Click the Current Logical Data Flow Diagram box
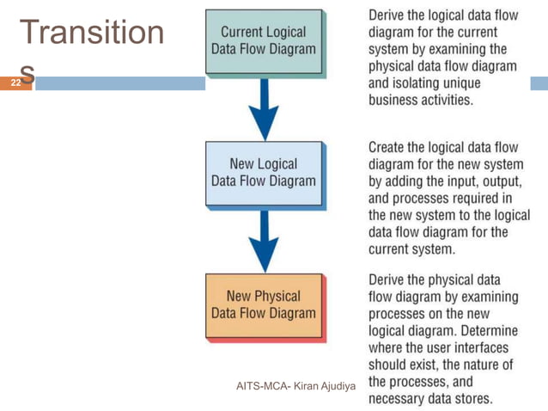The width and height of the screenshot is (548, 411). point(263,40)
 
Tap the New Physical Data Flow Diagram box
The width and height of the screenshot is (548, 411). point(263,304)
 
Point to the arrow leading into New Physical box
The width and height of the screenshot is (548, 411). point(264,239)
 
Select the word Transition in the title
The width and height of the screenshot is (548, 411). point(92,33)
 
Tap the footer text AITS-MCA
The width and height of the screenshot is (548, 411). point(263,386)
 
